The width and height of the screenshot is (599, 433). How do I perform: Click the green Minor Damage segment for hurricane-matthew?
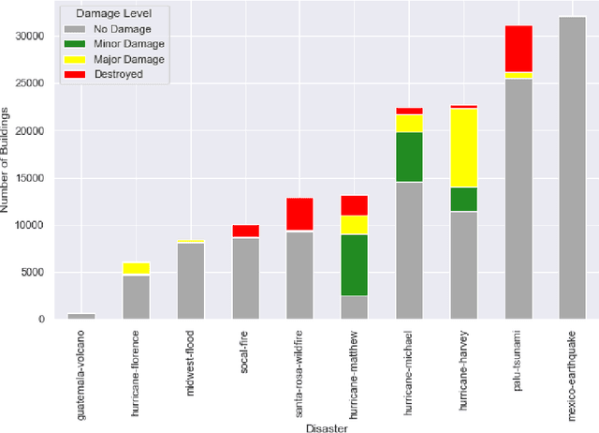(x=354, y=264)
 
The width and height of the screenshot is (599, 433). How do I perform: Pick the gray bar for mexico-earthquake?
(x=572, y=169)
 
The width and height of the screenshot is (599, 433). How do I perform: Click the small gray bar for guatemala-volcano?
(x=80, y=316)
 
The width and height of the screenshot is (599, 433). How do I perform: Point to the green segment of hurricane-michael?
(x=408, y=157)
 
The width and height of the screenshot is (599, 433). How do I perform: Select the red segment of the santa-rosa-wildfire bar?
(x=299, y=214)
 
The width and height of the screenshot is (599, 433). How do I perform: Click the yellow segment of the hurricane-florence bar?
(x=136, y=268)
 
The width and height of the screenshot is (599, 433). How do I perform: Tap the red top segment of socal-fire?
(x=245, y=231)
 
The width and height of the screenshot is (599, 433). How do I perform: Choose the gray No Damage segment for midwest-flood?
(x=190, y=280)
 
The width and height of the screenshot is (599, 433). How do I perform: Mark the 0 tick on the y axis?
(x=42, y=320)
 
